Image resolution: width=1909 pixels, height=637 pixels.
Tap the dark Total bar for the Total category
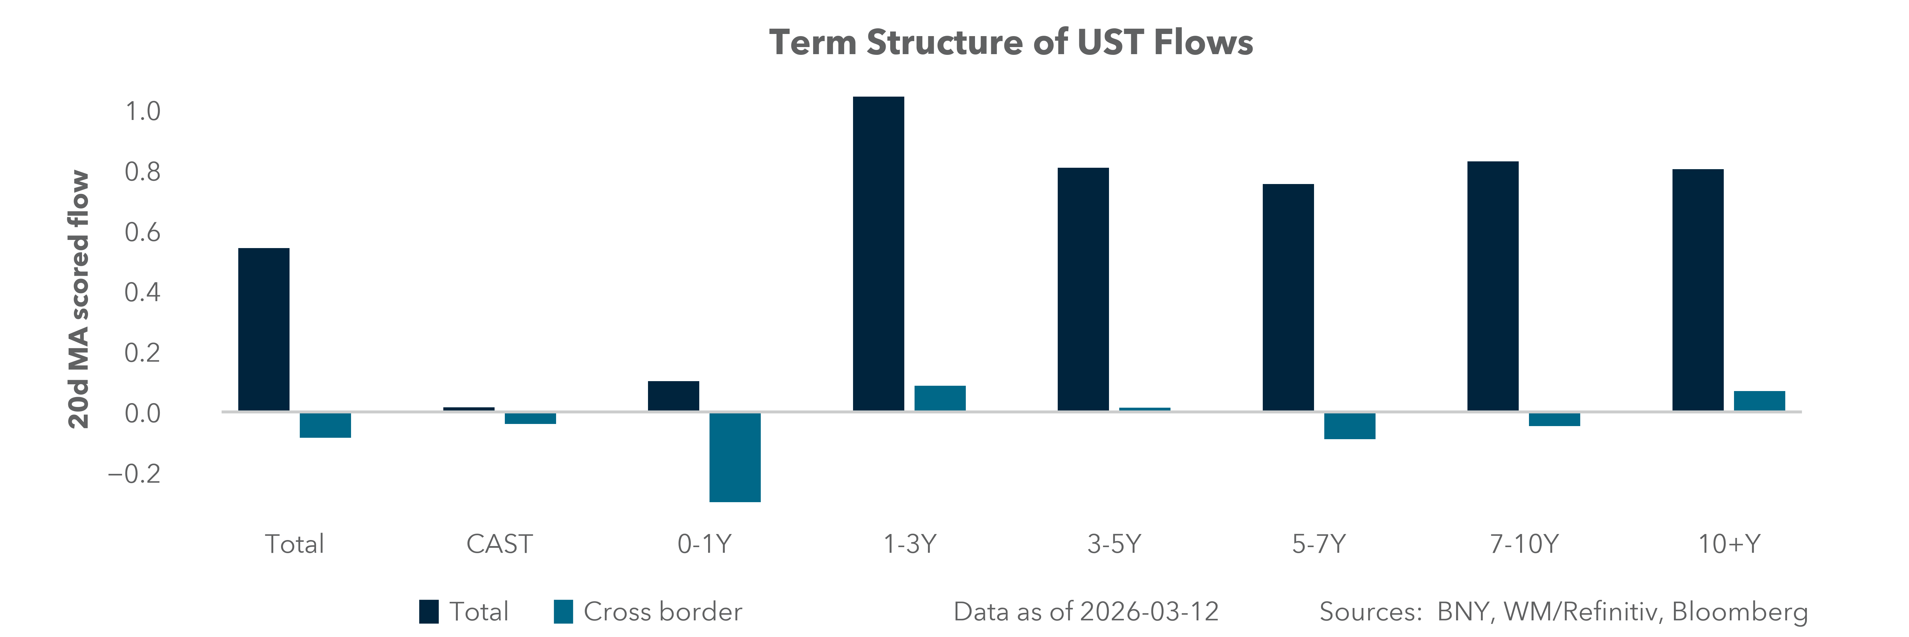coord(264,329)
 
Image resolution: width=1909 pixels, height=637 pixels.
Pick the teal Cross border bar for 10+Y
coord(1759,401)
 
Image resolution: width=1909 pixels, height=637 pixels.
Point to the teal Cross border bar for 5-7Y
coord(1349,426)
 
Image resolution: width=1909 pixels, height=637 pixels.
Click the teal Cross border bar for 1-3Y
coord(940,398)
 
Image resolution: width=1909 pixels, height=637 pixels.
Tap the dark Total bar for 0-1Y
coord(673,396)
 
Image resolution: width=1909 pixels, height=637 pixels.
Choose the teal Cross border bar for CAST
coord(530,418)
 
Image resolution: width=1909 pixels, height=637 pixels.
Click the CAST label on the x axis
coord(499,544)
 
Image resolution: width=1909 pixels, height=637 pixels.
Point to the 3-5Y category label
coord(1114,544)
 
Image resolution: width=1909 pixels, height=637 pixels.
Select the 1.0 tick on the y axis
coord(142,111)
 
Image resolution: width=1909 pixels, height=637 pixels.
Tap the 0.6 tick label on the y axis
coord(142,232)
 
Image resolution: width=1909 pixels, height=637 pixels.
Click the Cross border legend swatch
coord(563,612)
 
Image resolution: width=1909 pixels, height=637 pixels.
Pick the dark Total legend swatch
coord(428,612)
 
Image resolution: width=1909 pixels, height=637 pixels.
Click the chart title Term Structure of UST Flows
coord(1011,42)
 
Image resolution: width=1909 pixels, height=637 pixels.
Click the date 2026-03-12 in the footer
coord(1149,612)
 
